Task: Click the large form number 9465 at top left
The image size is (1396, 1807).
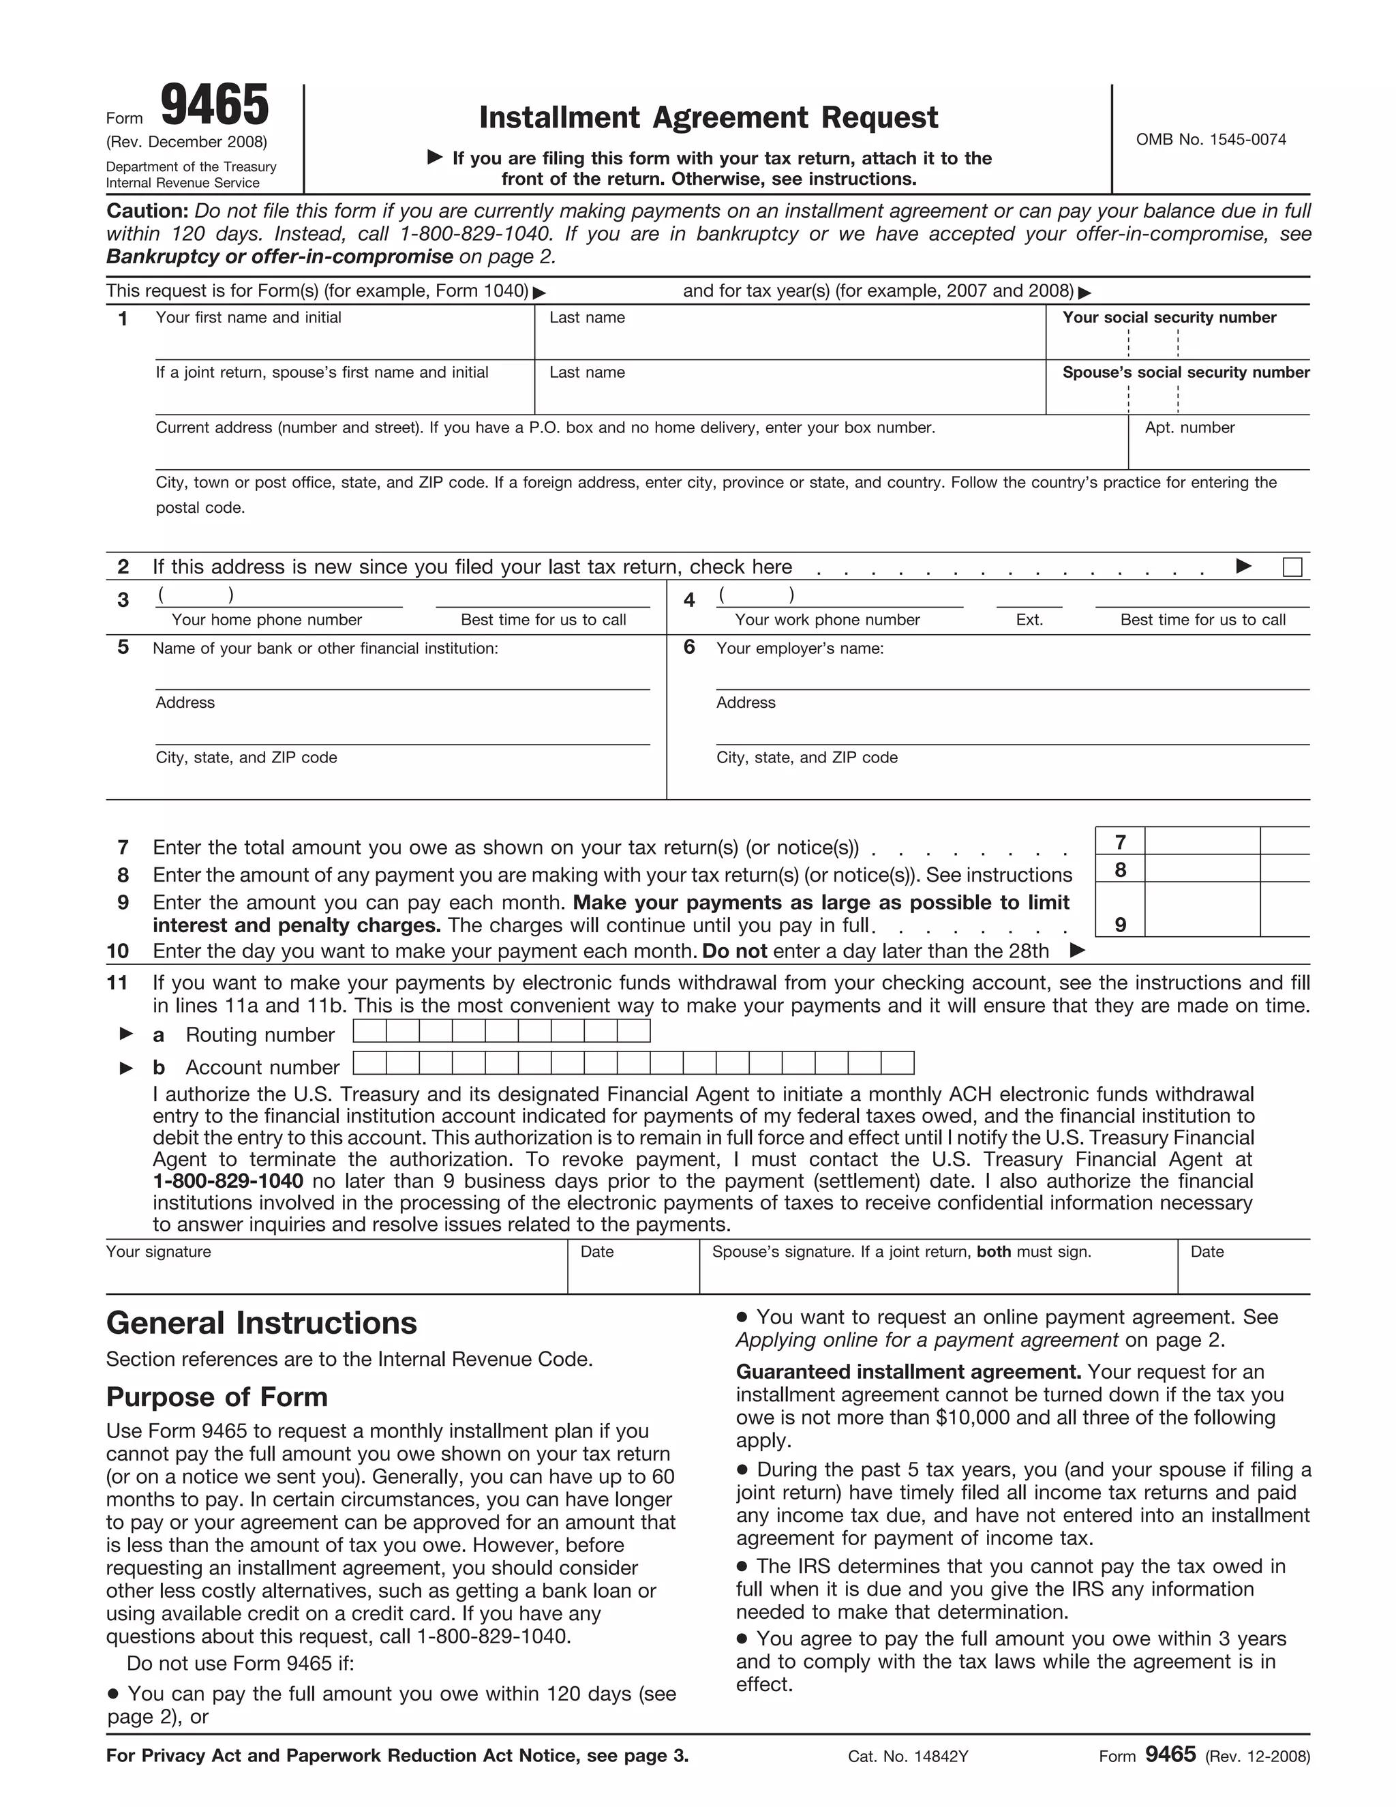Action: pyautogui.click(x=214, y=106)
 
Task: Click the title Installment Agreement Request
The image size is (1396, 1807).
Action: pyautogui.click(x=708, y=117)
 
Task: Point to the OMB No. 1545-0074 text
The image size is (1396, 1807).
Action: pyautogui.click(x=1210, y=140)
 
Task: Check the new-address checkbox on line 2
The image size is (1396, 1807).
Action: pyautogui.click(x=1292, y=567)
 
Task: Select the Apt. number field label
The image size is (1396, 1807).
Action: pyautogui.click(x=1189, y=428)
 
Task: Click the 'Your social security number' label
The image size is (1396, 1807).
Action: pyautogui.click(x=1168, y=318)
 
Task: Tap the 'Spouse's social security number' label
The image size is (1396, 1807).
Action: pyautogui.click(x=1185, y=373)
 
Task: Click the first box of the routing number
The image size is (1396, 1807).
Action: pyautogui.click(x=369, y=1031)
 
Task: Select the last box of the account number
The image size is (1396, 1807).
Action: pyautogui.click(x=897, y=1063)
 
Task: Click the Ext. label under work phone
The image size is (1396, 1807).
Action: pyautogui.click(x=1029, y=621)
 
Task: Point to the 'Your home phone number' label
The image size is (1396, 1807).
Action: pyautogui.click(x=267, y=621)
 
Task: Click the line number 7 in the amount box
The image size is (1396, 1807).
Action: pyautogui.click(x=1120, y=842)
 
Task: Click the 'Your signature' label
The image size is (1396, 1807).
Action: pyautogui.click(x=159, y=1252)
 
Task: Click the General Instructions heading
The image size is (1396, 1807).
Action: pyautogui.click(x=261, y=1323)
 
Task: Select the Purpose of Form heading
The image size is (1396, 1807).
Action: pyautogui.click(x=217, y=1397)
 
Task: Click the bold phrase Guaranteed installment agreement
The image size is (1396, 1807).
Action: pyautogui.click(x=908, y=1372)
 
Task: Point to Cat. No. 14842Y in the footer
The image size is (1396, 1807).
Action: pyautogui.click(x=907, y=1757)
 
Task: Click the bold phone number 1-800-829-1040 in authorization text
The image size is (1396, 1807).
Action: pyautogui.click(x=228, y=1182)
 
